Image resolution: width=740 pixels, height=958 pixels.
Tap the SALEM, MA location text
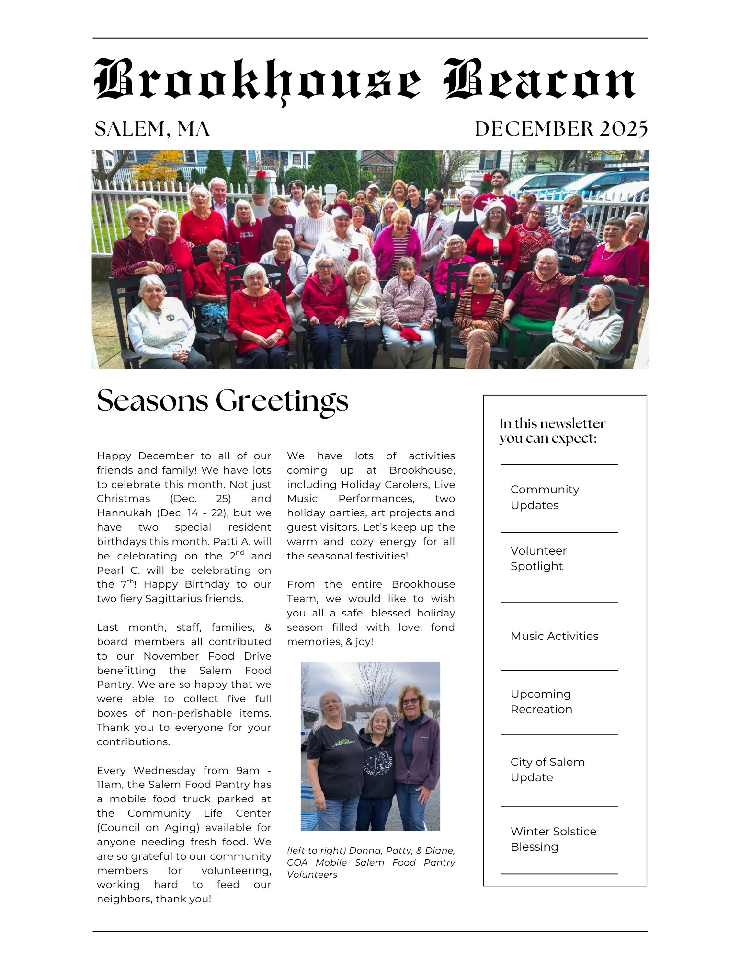152,129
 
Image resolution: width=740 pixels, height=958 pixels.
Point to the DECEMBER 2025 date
561,129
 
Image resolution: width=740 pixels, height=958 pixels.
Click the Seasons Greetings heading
222,400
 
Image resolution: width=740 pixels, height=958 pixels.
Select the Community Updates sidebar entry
545,497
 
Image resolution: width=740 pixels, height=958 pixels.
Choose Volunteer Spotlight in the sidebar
538,558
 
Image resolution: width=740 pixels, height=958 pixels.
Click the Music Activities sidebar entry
554,636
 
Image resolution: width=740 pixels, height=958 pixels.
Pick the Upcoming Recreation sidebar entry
541,701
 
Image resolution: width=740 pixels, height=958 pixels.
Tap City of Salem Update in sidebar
547,769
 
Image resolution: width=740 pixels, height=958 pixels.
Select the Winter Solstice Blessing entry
553,839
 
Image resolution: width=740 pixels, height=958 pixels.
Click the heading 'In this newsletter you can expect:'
552,431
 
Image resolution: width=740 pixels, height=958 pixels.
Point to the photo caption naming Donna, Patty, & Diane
371,862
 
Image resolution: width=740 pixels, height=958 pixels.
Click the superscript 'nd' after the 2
240,552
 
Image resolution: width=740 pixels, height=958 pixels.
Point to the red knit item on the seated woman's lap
410,333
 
